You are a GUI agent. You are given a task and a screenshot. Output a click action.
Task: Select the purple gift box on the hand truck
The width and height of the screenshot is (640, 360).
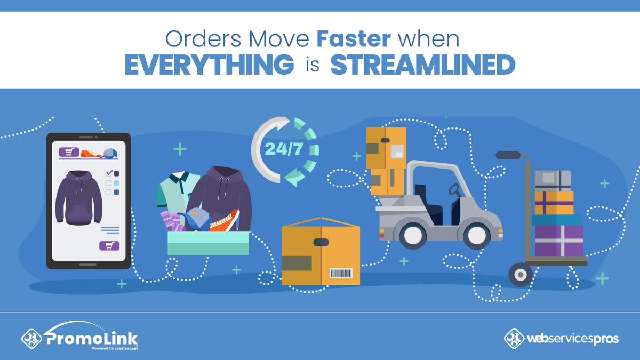(559, 241)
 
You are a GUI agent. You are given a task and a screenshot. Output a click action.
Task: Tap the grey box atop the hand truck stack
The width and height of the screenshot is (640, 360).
(553, 181)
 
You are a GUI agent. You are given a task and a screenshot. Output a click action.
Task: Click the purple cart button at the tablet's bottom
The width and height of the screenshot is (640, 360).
(109, 246)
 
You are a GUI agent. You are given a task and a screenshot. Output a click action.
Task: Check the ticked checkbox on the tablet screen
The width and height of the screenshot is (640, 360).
(109, 173)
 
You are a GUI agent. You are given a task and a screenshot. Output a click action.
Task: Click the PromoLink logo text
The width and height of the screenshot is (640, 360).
(91, 338)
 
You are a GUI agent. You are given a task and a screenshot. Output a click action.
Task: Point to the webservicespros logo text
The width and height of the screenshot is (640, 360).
(572, 338)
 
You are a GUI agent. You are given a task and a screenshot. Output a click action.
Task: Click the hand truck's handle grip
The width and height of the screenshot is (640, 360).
(509, 155)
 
